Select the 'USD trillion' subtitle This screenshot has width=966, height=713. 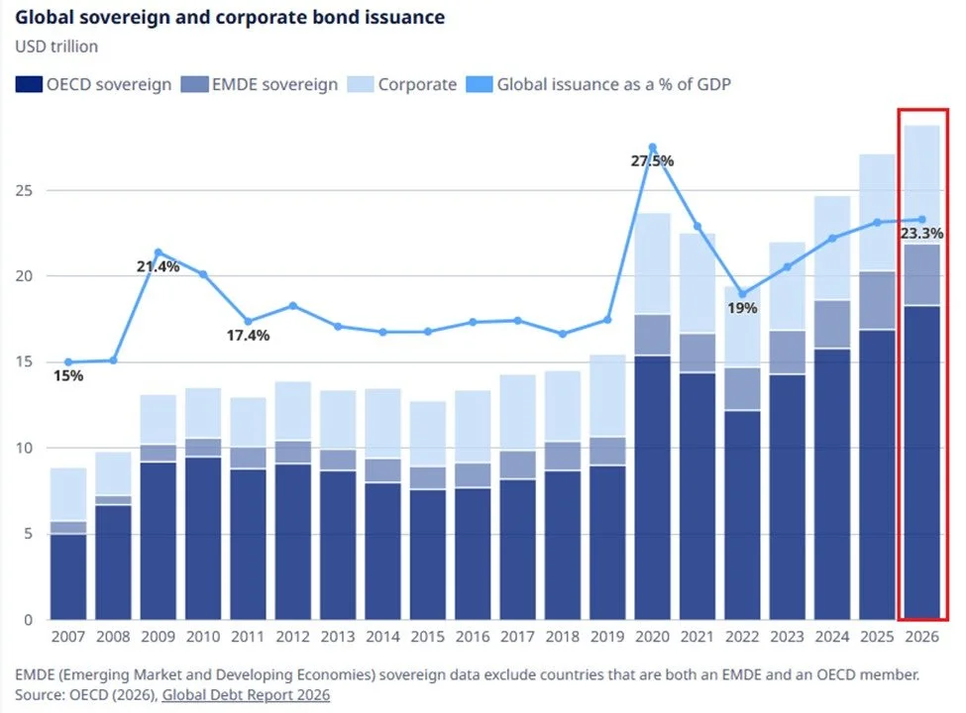56,47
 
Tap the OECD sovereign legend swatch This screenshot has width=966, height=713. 27,84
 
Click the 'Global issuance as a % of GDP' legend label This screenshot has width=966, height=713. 613,84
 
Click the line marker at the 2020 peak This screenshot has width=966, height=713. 652,148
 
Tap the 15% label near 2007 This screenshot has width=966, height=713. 68,376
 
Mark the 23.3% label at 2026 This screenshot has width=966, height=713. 922,234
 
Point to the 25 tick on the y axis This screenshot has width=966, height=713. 27,190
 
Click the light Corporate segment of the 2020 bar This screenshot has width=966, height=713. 652,263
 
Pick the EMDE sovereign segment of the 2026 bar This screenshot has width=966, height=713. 922,274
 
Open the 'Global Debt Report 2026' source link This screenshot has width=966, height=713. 246,695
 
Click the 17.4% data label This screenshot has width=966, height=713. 248,336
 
